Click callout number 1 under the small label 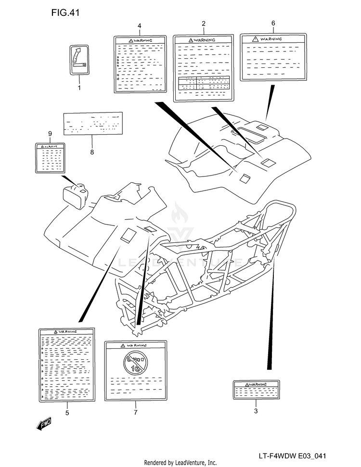[79, 88]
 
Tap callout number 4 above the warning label [139, 25]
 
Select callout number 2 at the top [204, 24]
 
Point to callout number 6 [273, 23]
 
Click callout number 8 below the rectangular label [92, 152]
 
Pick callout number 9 [50, 133]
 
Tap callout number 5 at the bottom [67, 413]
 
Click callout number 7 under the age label [136, 412]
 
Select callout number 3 [256, 411]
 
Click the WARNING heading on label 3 [256, 384]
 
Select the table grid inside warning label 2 [203, 83]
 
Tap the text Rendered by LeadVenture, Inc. [180, 463]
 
